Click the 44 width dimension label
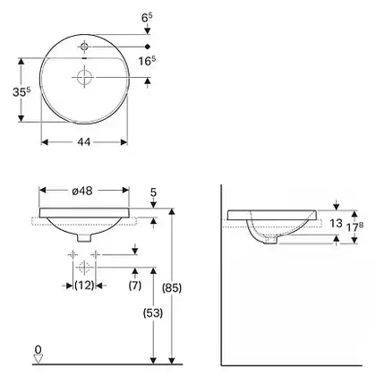pos(83,142)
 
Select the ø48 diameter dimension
pos(82,191)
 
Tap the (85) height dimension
pos(172,287)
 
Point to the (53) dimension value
pos(153,313)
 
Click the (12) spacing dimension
pos(84,286)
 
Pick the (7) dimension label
pos(135,286)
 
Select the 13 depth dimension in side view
pos(336,223)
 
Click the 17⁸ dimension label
pos(355,227)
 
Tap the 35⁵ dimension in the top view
pos(21,91)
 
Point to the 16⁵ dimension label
pos(147,61)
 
